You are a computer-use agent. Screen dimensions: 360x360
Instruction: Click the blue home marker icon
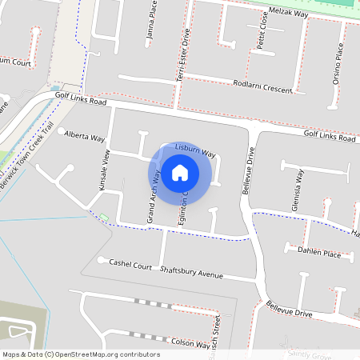(x=180, y=172)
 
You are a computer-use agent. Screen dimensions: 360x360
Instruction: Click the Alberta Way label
(x=85, y=136)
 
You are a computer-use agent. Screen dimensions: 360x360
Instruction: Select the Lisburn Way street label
(x=197, y=151)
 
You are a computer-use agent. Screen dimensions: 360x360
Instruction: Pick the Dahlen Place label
(x=319, y=253)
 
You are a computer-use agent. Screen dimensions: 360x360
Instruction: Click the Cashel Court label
(x=130, y=263)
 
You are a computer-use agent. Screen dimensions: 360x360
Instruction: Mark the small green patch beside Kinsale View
(x=103, y=216)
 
